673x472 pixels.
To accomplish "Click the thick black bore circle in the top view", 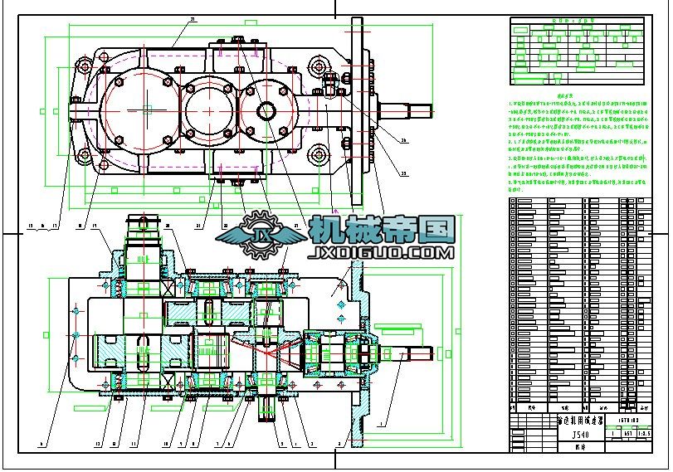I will tap(267, 110).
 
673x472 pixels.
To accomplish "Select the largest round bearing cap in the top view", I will tap(144, 108).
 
